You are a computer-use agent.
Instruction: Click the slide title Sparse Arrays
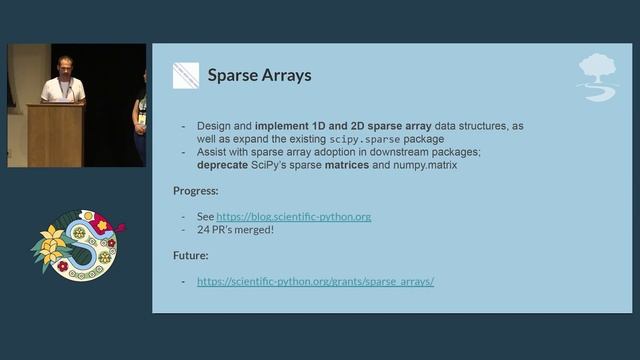click(259, 75)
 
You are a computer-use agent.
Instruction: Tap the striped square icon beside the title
click(186, 76)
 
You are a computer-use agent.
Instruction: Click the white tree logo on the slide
click(597, 76)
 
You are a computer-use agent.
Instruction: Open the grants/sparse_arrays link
click(315, 282)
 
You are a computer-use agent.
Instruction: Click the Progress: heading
click(196, 190)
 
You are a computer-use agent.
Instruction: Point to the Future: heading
click(191, 255)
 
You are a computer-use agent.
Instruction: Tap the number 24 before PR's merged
click(204, 230)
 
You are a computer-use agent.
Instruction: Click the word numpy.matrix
click(422, 165)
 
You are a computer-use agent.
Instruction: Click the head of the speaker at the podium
click(64, 65)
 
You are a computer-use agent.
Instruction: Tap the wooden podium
click(55, 134)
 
